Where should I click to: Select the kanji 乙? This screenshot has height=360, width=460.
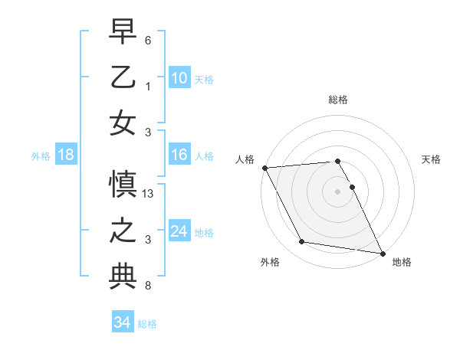click(x=123, y=77)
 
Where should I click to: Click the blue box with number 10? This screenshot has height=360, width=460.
click(x=179, y=78)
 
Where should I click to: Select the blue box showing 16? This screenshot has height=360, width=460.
click(x=179, y=155)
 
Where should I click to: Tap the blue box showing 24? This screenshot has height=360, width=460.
click(x=179, y=232)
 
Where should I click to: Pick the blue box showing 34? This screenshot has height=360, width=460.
click(x=122, y=323)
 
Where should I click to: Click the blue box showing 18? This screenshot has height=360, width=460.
click(x=65, y=155)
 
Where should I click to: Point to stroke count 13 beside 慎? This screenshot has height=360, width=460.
click(x=149, y=195)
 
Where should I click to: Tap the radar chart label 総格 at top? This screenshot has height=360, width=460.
click(x=338, y=100)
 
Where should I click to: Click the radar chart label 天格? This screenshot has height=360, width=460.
click(x=432, y=159)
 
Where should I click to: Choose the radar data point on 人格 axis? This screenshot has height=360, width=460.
click(x=264, y=168)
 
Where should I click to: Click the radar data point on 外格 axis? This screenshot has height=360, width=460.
click(x=301, y=242)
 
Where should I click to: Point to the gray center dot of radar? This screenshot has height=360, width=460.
click(x=338, y=191)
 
